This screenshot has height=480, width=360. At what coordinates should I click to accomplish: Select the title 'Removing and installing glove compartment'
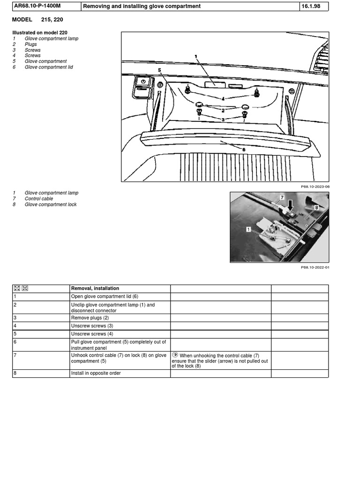tap(142, 6)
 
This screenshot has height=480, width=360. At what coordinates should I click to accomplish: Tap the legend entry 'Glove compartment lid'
tap(48, 67)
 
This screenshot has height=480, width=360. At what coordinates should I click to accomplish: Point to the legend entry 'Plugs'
tap(31, 45)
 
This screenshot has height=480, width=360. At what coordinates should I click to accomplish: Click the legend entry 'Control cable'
tap(39, 199)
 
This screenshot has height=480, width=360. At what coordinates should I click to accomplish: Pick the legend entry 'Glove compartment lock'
tap(51, 204)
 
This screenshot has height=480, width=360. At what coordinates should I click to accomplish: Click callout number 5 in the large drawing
tap(160, 70)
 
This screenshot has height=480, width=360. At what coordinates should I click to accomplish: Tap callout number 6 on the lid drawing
tap(244, 150)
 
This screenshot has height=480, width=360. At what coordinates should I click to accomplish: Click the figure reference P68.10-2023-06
tap(315, 187)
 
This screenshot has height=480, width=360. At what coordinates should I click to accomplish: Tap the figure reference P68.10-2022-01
tap(315, 267)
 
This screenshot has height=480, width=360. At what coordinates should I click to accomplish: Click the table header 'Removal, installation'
tap(95, 288)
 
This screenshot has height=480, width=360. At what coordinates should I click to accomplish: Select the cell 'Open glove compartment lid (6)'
tap(105, 296)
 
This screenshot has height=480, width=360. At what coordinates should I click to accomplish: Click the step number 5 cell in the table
tap(15, 334)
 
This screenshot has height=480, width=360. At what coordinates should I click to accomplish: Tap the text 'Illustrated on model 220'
tap(43, 33)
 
